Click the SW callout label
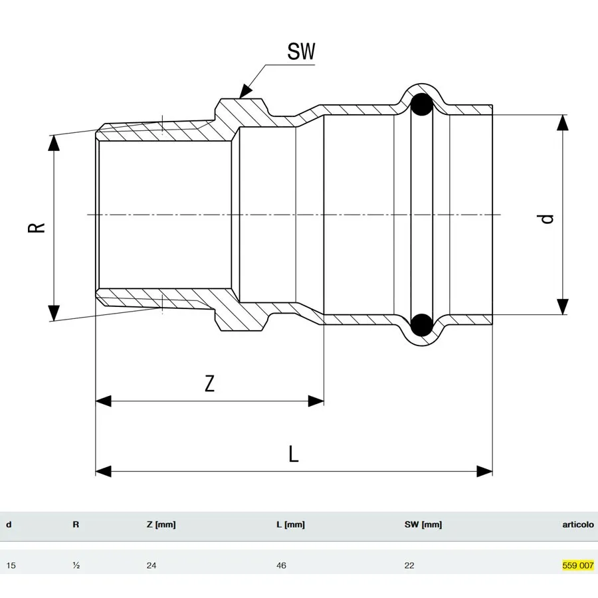pos(301,51)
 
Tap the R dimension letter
pos(37,228)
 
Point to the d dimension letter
pos(547,219)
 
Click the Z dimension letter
pos(210,383)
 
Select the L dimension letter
pos(293,454)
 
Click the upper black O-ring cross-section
pos(421,104)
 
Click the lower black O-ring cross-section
pos(421,324)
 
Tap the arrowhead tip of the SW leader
pos(239,98)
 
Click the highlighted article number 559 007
pos(578,565)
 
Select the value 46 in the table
pos(281,565)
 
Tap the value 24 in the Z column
pos(151,565)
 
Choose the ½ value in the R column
pos(76,565)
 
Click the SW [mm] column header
pos(423,524)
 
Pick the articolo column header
pos(578,524)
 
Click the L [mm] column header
pos(290,524)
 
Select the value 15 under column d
pos(11,565)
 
